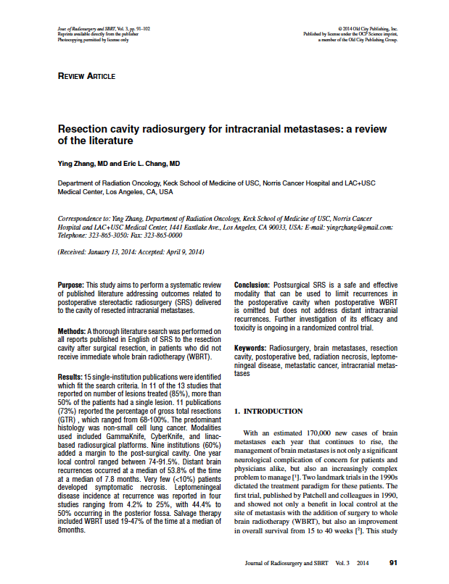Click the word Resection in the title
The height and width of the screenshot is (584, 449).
pos(85,128)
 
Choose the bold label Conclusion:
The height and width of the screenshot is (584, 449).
pos(252,285)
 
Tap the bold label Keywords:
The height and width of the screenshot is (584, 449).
pos(251,349)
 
